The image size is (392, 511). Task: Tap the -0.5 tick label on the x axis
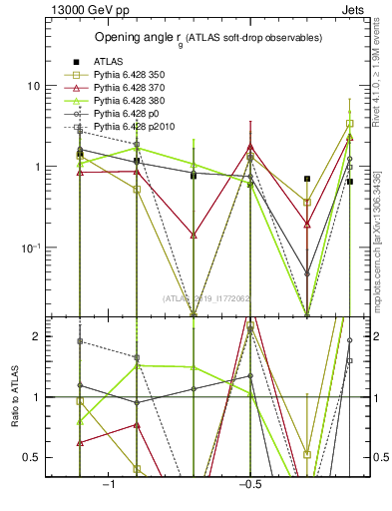pos(248,484)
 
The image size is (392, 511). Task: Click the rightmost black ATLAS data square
pos(350,182)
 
